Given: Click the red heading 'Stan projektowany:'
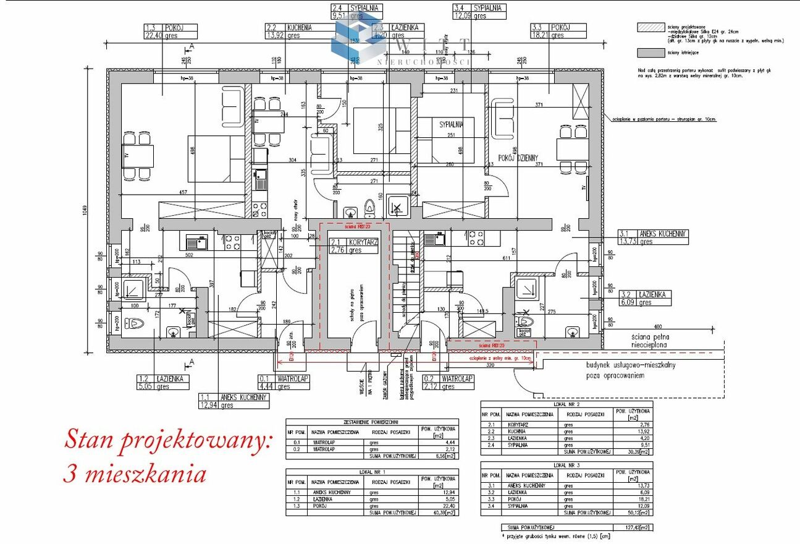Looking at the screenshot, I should pyautogui.click(x=168, y=441).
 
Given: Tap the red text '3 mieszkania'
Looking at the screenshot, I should pyautogui.click(x=135, y=475).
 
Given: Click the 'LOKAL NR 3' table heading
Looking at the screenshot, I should pyautogui.click(x=566, y=464).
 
